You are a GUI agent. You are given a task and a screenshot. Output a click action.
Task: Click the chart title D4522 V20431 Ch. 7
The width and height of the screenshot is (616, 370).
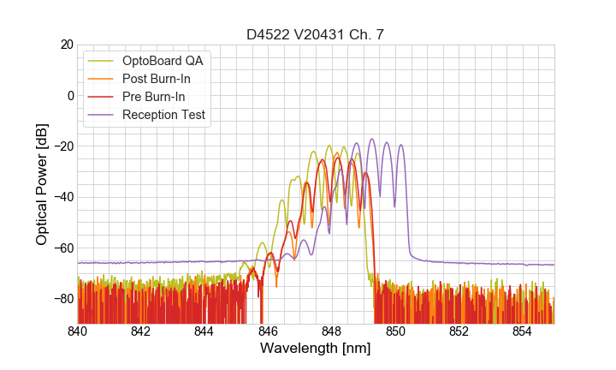(x=315, y=34)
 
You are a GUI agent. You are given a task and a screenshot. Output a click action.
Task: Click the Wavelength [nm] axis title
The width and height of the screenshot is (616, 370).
(x=315, y=349)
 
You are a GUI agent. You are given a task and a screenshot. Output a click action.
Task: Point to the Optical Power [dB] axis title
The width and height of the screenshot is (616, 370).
(x=42, y=184)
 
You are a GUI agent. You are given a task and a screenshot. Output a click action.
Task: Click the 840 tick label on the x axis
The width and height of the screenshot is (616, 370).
(x=77, y=331)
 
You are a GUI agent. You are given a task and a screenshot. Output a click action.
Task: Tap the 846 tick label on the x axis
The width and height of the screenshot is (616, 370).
(x=268, y=331)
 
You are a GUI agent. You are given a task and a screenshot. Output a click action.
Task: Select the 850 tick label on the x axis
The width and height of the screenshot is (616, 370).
(x=395, y=331)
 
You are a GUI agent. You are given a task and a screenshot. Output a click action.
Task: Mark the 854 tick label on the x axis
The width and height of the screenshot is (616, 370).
(x=523, y=331)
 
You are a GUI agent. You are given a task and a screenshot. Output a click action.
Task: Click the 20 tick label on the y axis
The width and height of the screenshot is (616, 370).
(x=66, y=45)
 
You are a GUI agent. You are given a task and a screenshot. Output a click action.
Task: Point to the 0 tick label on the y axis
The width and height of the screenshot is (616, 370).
(x=69, y=95)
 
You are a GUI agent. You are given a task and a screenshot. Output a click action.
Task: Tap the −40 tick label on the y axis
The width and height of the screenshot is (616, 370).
(x=62, y=197)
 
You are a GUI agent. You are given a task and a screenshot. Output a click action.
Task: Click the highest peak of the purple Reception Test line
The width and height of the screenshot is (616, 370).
(x=372, y=139)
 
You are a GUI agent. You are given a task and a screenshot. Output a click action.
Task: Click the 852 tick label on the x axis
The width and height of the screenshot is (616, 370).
(x=459, y=331)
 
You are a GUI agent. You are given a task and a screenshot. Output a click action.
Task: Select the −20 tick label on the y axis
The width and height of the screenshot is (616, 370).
(x=62, y=146)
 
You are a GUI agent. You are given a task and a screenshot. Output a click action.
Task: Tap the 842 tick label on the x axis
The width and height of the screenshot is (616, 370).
(x=140, y=331)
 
